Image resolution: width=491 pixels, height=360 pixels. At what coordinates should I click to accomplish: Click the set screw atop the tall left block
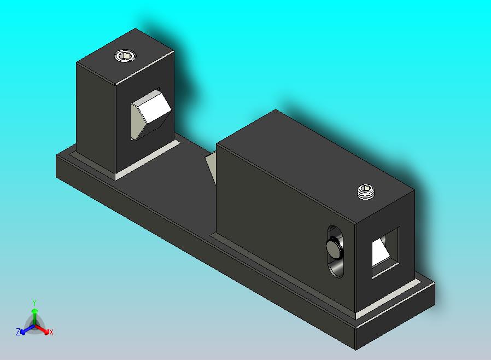click(x=125, y=55)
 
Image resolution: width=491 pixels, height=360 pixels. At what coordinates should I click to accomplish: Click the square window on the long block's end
click(x=385, y=251)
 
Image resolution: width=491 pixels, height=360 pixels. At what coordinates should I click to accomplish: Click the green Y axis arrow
click(x=34, y=313)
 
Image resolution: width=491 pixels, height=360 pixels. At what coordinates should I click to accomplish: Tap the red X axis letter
click(x=51, y=332)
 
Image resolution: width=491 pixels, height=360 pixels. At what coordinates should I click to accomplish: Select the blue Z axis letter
click(x=18, y=332)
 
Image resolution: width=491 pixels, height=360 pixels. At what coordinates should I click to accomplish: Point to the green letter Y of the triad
click(x=34, y=303)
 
